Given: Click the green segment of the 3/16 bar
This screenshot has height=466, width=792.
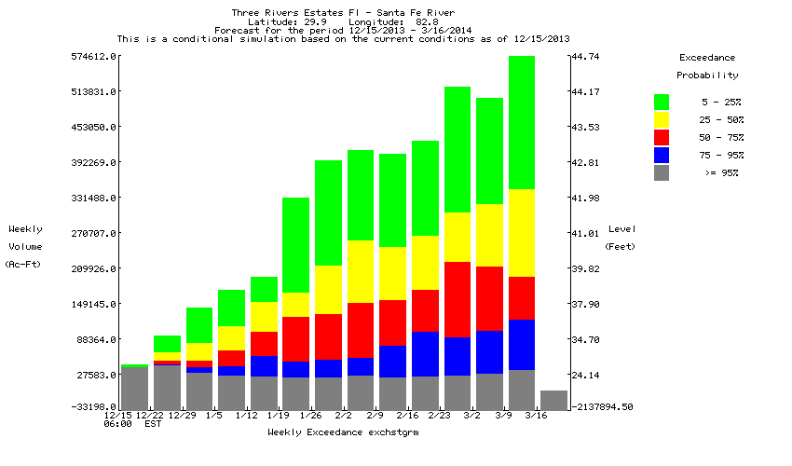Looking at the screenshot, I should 521,122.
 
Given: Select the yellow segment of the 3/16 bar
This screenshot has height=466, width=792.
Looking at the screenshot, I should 521,233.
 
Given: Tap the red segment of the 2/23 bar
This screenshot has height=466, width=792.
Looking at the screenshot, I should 457,299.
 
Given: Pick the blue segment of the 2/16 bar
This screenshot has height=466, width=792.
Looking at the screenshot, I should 424,353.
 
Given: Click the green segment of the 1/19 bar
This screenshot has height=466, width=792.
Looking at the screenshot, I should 264,289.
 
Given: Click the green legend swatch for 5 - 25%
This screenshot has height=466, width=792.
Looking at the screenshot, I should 662,101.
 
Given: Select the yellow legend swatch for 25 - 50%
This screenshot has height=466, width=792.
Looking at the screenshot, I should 662,119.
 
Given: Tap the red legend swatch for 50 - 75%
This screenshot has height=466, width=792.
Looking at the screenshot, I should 662,137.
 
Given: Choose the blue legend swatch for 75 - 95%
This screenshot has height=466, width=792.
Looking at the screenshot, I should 662,155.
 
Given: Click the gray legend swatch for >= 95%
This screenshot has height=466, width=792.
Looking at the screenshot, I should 662,172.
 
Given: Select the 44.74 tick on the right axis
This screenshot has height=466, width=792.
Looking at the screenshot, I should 585,57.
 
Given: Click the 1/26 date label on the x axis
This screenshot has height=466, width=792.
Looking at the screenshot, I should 310,415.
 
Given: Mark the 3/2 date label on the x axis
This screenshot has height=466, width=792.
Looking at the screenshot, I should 471,415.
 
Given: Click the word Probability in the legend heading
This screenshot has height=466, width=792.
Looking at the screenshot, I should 707,75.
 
